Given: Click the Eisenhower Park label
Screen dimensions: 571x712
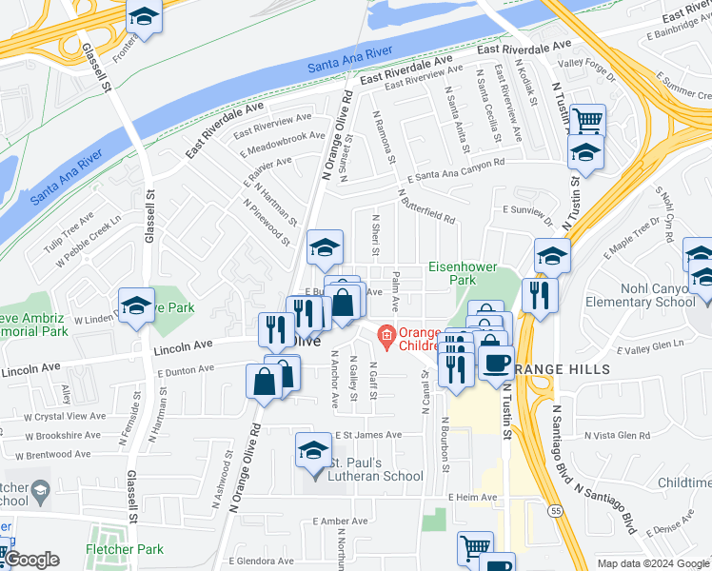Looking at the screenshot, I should click(x=463, y=274).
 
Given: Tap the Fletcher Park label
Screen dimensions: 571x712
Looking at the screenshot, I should click(x=124, y=549).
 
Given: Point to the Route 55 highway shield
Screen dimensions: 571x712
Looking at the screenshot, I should click(x=552, y=511).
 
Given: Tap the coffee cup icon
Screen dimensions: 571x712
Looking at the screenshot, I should click(x=495, y=362).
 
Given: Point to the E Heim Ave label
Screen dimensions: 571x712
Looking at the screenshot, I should click(x=472, y=498).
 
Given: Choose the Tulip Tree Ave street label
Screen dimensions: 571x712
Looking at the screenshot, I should click(x=66, y=234).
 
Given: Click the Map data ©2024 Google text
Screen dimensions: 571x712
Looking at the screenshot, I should click(x=652, y=563).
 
